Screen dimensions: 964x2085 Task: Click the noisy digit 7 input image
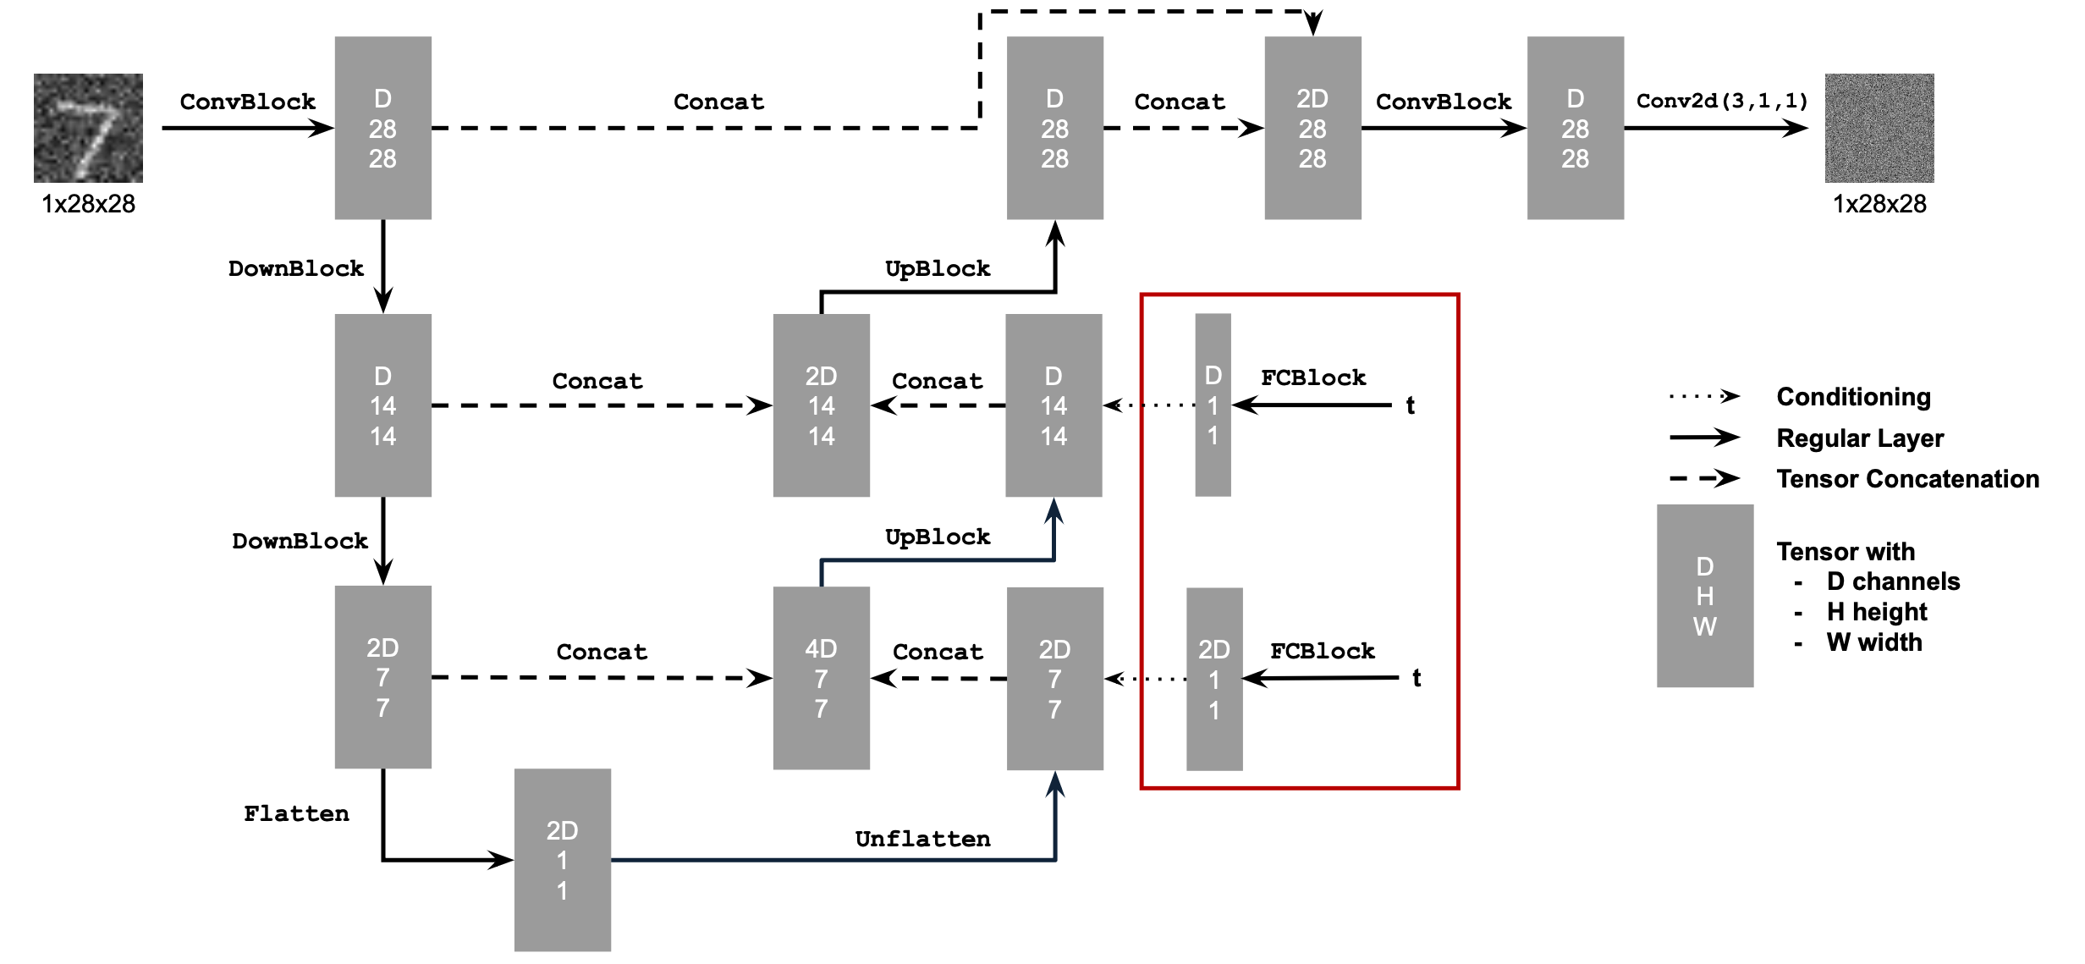point(88,128)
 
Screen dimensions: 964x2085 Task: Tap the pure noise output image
point(1879,128)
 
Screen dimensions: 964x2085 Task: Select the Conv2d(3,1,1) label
point(1722,101)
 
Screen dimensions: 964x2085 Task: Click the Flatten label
point(296,813)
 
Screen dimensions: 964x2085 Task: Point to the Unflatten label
point(922,839)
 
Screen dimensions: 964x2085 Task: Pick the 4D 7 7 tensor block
point(821,678)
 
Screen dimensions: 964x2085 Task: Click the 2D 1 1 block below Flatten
point(562,860)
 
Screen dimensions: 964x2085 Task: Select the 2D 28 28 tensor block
point(1312,128)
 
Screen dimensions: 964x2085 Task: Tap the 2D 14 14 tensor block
point(821,405)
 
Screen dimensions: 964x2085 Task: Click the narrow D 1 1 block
point(1213,405)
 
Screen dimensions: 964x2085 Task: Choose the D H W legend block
point(1704,596)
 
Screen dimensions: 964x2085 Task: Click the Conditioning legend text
point(1853,396)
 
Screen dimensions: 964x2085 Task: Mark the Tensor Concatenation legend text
point(1907,479)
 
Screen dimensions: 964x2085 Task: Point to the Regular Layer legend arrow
point(1703,438)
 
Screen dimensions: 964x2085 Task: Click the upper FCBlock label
point(1313,377)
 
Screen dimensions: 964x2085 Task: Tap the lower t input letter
point(1417,678)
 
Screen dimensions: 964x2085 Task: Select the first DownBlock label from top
point(296,268)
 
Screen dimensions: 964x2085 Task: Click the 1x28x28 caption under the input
point(88,204)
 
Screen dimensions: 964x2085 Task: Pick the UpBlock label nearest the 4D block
point(938,537)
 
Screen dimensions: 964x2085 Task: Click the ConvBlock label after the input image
point(247,102)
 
